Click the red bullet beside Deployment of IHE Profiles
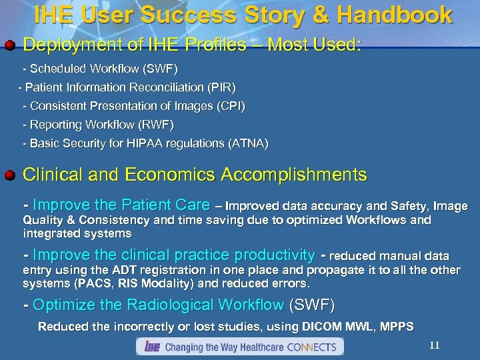[9, 46]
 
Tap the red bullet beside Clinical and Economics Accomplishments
[9, 176]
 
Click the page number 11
[434, 345]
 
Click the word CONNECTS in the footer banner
[313, 347]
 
